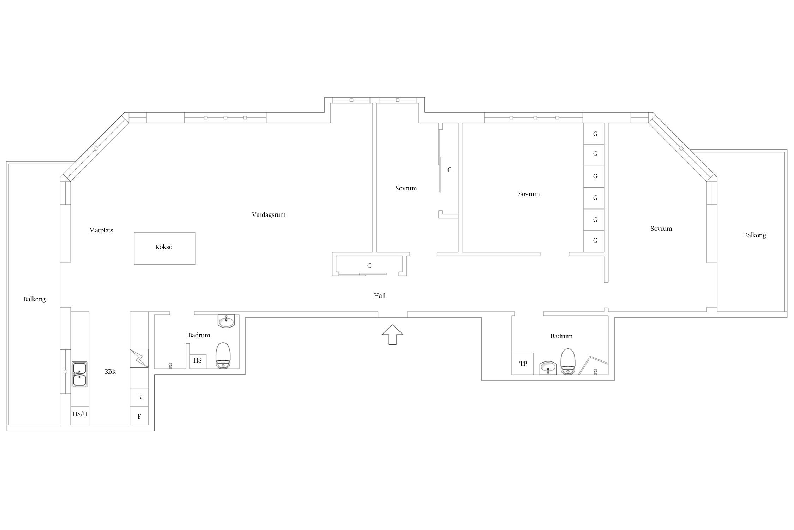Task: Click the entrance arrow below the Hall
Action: [392, 335]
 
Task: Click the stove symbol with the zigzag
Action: [139, 358]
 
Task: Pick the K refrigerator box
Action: [139, 397]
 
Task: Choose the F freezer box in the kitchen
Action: [139, 416]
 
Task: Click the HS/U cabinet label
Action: [80, 414]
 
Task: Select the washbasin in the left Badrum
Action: [226, 321]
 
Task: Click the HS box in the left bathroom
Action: [198, 361]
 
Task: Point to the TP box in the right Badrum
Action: [523, 363]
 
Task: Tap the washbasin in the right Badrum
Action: [548, 367]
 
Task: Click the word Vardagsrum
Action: [269, 215]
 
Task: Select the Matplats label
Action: [101, 230]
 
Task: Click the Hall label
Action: [380, 296]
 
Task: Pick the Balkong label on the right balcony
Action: [755, 236]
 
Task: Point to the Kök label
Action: [110, 372]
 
